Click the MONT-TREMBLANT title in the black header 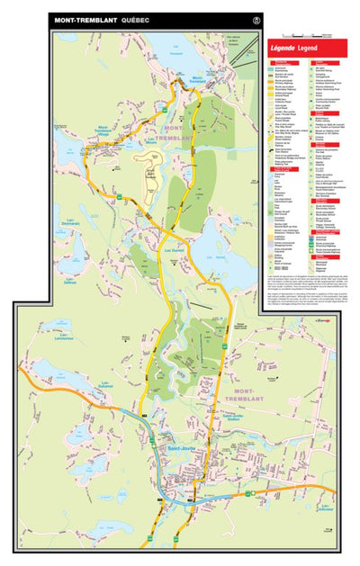[x=85, y=20]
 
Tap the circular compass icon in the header [x=256, y=19]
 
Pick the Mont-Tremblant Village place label [x=109, y=131]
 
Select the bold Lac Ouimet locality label [x=173, y=226]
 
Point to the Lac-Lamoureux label [x=41, y=336]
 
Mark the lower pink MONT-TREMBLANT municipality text [x=250, y=391]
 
